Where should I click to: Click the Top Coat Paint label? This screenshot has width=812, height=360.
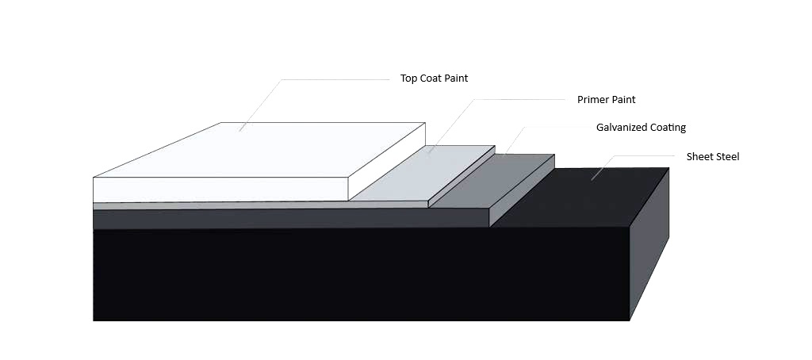pyautogui.click(x=434, y=79)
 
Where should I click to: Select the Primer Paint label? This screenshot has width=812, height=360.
pyautogui.click(x=607, y=99)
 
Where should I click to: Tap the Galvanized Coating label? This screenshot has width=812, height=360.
pyautogui.click(x=641, y=128)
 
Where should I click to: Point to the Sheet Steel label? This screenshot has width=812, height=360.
pyautogui.click(x=713, y=156)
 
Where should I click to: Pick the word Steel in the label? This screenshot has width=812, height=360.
pyautogui.click(x=728, y=156)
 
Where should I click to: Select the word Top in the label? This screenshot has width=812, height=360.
pyautogui.click(x=408, y=79)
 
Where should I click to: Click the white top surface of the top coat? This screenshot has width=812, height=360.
pyautogui.click(x=259, y=150)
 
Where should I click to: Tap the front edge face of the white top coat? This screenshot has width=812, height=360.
pyautogui.click(x=220, y=190)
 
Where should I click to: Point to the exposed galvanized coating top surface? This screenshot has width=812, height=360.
pyautogui.click(x=492, y=182)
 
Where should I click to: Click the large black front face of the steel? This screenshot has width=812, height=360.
pyautogui.click(x=361, y=274)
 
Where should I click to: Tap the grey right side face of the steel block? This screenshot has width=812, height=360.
pyautogui.click(x=649, y=243)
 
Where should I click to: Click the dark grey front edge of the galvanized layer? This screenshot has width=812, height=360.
pyautogui.click(x=291, y=219)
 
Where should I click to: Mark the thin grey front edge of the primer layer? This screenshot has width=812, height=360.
pyautogui.click(x=260, y=205)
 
